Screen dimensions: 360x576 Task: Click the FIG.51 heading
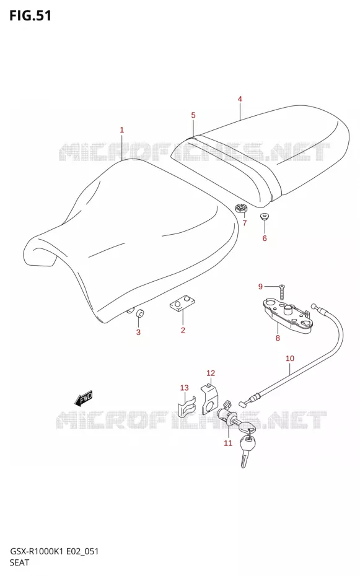30,16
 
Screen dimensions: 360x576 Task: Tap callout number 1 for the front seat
122,129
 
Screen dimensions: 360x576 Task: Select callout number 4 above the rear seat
240,99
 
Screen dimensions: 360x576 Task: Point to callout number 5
193,115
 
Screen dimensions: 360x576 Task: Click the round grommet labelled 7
241,209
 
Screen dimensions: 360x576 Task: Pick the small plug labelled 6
264,216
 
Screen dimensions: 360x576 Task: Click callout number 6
265,238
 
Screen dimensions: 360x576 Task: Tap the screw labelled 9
282,291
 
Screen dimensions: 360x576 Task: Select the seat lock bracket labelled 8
286,316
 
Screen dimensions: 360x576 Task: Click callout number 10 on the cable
290,358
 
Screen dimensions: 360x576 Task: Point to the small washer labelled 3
140,313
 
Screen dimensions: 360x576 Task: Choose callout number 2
183,330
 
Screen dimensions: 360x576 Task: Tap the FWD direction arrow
84,398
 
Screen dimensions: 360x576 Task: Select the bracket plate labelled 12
210,399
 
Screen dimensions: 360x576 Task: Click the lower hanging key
246,451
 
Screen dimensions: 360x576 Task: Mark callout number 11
228,443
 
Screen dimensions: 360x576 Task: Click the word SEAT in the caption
19,562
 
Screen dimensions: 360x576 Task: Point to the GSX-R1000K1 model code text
37,551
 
